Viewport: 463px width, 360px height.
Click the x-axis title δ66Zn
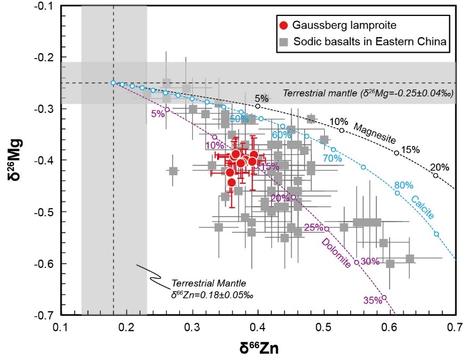point(259,348)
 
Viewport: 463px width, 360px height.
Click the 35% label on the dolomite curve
point(373,300)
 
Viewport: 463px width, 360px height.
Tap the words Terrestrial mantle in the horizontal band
point(308,93)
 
